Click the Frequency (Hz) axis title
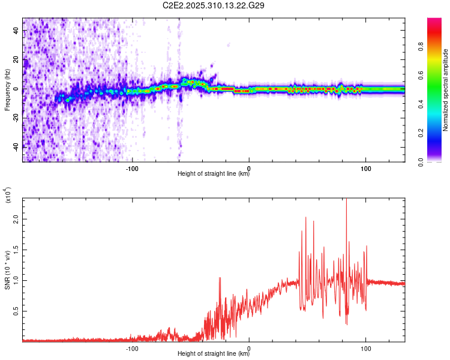pyautogui.click(x=7, y=89)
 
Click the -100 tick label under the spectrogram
pyautogui.click(x=133, y=167)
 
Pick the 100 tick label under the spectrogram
pyautogui.click(x=365, y=167)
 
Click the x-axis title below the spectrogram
pyautogui.click(x=214, y=174)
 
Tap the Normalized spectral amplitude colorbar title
pyautogui.click(x=446, y=90)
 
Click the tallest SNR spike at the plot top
pyautogui.click(x=346, y=201)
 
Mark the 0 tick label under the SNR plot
pyautogui.click(x=249, y=347)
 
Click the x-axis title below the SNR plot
pyautogui.click(x=214, y=353)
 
